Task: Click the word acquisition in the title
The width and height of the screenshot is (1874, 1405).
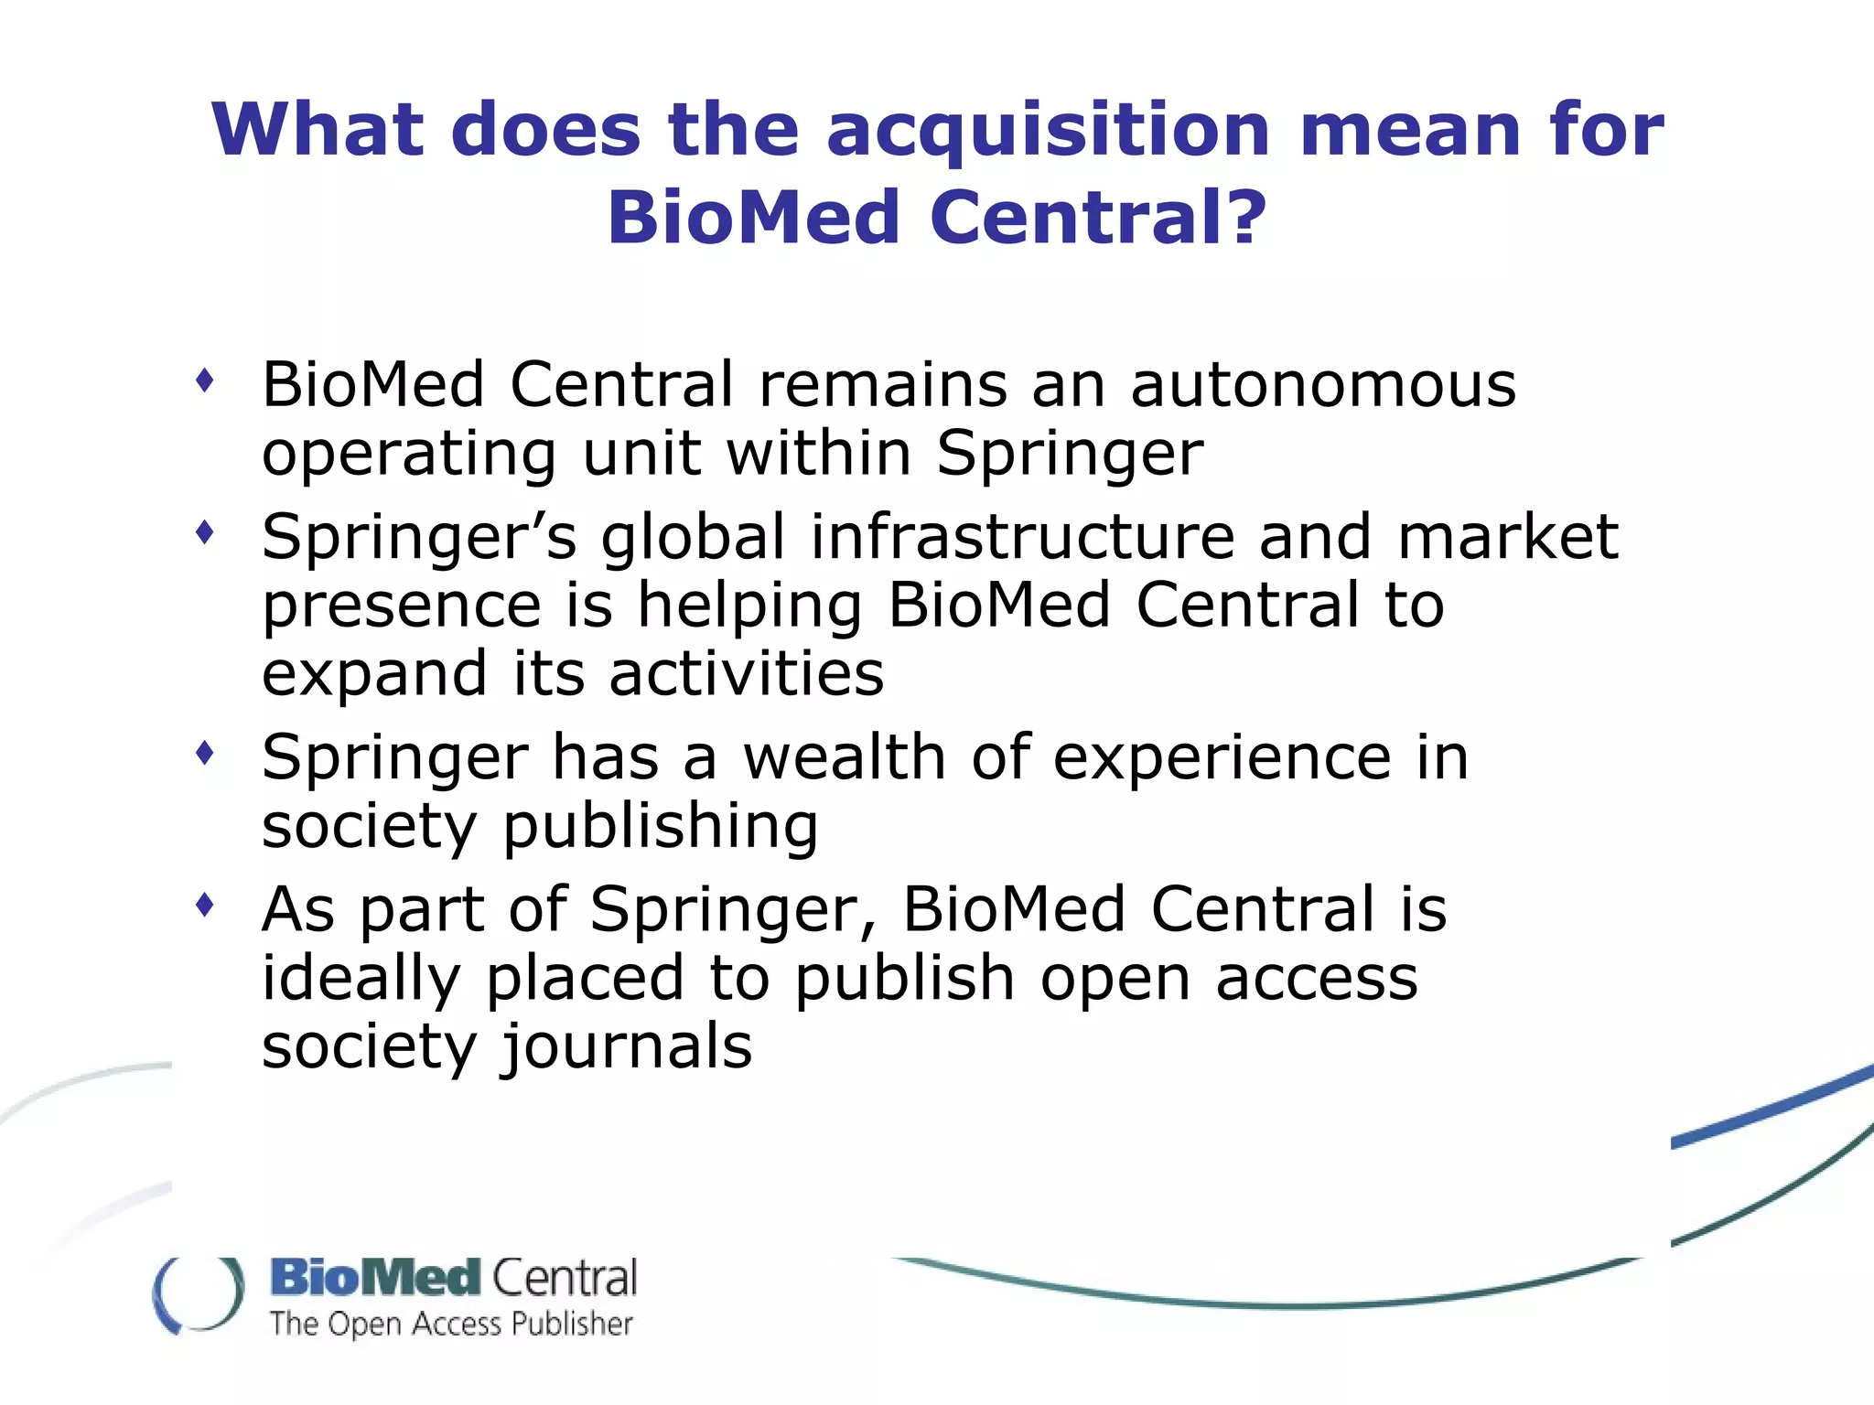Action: point(1048,131)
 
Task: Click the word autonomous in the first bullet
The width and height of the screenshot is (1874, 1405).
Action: point(1323,384)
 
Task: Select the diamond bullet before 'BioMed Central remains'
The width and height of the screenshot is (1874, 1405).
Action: point(205,380)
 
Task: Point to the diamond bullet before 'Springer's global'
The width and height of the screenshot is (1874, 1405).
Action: point(205,531)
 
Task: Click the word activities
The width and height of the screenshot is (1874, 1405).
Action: point(747,673)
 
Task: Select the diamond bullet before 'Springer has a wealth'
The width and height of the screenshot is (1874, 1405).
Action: point(205,753)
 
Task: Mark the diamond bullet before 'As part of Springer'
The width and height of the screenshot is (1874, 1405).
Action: point(205,905)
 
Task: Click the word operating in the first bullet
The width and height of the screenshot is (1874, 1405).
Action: point(409,456)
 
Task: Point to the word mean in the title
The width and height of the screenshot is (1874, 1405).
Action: point(1410,131)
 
